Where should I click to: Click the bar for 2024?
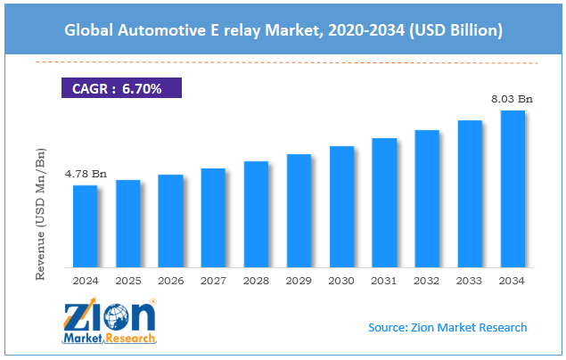[x=85, y=226]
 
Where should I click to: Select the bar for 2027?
[x=213, y=217]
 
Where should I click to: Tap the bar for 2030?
[x=341, y=207]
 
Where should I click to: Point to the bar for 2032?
[x=427, y=199]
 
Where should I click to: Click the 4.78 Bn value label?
[x=86, y=174]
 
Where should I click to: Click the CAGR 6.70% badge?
[x=120, y=88]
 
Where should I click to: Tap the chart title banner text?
[x=283, y=30]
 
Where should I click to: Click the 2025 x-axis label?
[x=128, y=280]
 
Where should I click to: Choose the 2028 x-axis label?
[x=256, y=280]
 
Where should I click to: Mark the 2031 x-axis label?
[x=384, y=280]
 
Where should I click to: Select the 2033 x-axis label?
[x=470, y=280]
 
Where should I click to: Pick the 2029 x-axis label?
[x=299, y=280]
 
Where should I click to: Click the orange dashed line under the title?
[x=283, y=62]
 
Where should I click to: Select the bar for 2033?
[x=470, y=193]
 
